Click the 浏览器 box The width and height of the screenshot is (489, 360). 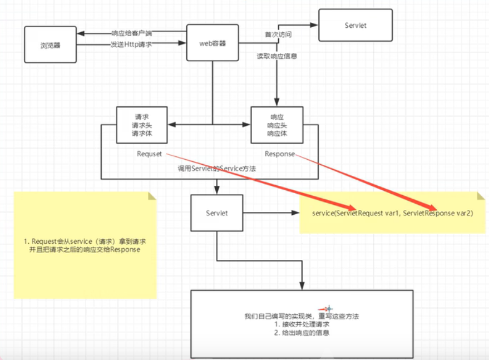pyautogui.click(x=50, y=44)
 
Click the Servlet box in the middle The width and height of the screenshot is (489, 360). pyautogui.click(x=217, y=213)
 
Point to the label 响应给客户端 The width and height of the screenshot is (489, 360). pyautogui.click(x=132, y=33)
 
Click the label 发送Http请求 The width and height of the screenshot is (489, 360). pyautogui.click(x=131, y=45)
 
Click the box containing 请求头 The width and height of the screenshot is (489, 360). pyautogui.click(x=142, y=125)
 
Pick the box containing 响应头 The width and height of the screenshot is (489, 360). pyautogui.click(x=276, y=125)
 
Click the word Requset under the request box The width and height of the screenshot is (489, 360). pyautogui.click(x=150, y=154)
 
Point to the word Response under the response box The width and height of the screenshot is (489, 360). pyautogui.click(x=280, y=154)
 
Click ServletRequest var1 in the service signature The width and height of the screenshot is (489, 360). pyautogui.click(x=363, y=213)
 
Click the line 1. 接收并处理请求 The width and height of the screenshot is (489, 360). pyautogui.click(x=302, y=324)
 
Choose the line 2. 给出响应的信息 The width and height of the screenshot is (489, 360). pyautogui.click(x=302, y=333)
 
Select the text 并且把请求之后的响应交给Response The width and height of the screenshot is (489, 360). pyautogui.click(x=85, y=250)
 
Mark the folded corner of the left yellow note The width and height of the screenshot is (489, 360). pyautogui.click(x=152, y=196)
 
